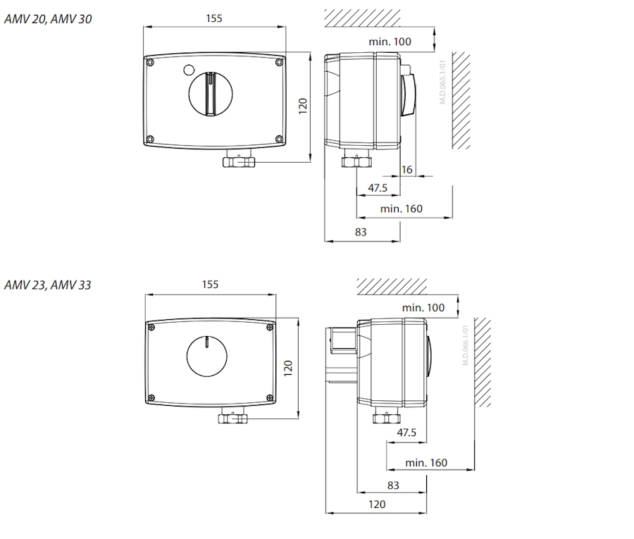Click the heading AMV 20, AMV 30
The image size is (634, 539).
48,19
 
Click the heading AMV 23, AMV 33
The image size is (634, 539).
48,285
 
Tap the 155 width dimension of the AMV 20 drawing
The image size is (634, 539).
214,18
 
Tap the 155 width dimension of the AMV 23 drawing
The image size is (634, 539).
210,285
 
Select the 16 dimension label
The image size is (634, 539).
406,169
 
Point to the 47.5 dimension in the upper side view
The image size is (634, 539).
378,188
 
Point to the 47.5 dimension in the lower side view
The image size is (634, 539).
406,433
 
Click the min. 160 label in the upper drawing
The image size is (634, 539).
401,209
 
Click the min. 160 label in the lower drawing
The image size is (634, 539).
426,463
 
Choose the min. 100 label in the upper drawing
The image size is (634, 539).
390,42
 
